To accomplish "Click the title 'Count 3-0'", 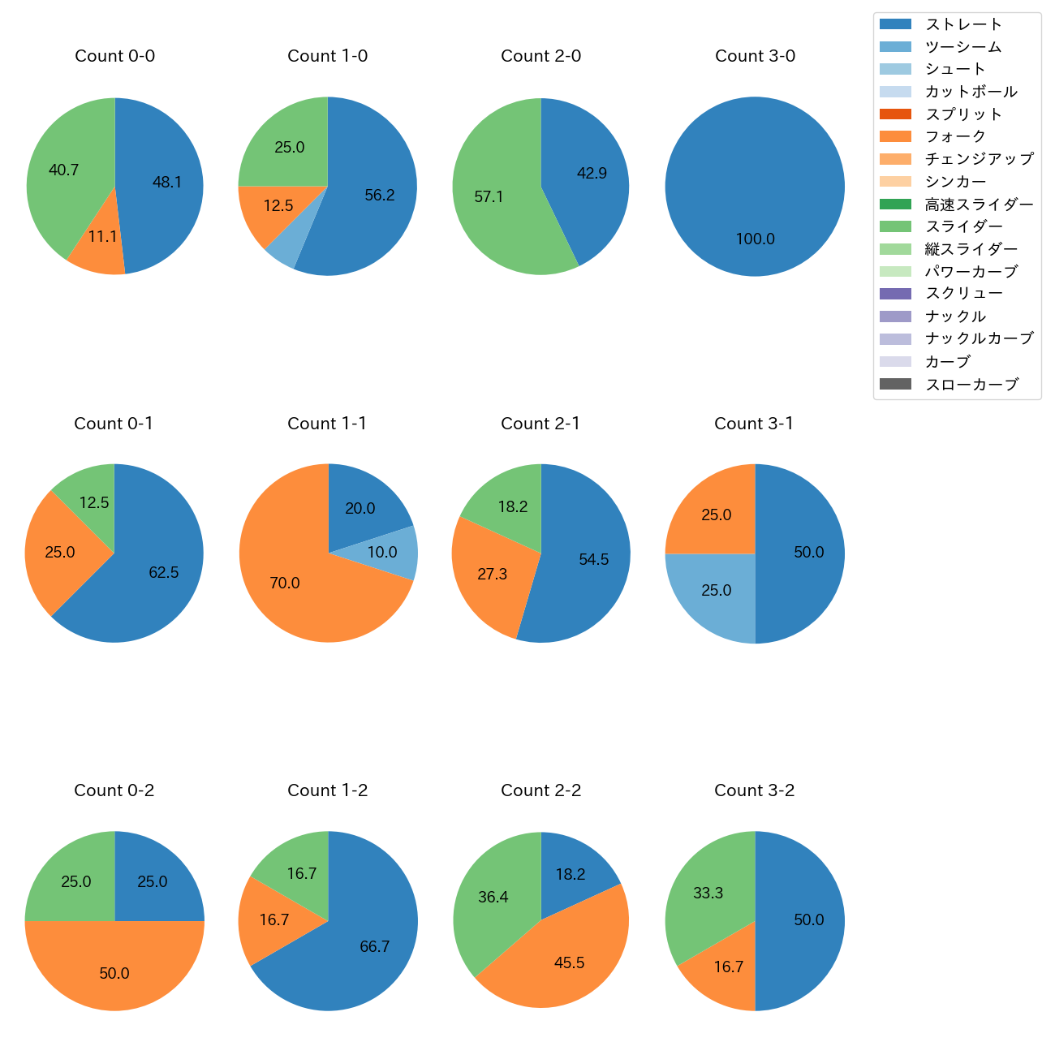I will click(755, 56).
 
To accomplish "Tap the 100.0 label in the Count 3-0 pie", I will click(755, 239).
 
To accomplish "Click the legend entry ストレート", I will click(963, 24).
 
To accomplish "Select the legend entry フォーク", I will click(955, 136).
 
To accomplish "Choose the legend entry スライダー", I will click(963, 226).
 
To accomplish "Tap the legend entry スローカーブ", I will click(971, 385).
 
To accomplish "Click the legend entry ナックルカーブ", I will click(979, 339).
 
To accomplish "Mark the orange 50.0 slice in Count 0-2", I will click(114, 973).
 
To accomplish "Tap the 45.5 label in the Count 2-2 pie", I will click(569, 963).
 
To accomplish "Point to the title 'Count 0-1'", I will click(114, 424).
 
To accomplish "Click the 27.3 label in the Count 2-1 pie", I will click(492, 575).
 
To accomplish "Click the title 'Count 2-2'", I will click(540, 790).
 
